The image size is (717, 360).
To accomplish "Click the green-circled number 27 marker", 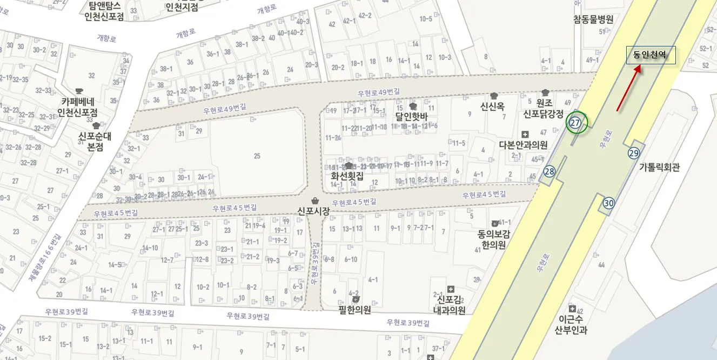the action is pos(575,123).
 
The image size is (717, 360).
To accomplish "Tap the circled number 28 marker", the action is pos(550,171).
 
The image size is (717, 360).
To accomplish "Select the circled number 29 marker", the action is pos(634,153).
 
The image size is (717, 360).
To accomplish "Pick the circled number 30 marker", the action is pos(609,203).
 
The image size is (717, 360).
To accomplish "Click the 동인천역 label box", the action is pos(651,55).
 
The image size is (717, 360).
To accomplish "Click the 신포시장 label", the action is pos(313,211).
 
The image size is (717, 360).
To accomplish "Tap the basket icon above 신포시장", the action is pos(315,201).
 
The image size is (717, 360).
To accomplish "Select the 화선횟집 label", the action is pos(347,176).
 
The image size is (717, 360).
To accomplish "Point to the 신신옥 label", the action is pos(493,106).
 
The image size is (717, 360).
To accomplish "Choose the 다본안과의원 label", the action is pos(523,145).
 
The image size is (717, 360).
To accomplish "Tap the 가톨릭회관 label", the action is pos(659,168).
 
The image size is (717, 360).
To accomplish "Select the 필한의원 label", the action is pos(354,310).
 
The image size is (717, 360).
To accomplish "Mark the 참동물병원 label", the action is pos(593,19).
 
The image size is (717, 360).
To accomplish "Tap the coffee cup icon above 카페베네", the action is pos(79,90).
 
